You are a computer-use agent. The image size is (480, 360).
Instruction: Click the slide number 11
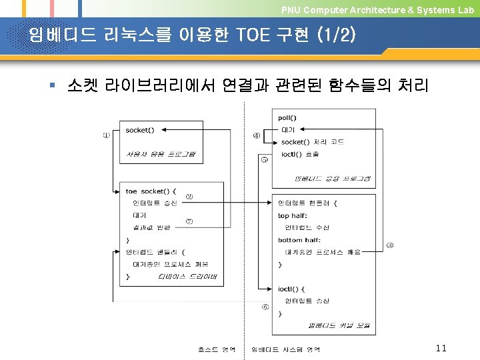440,348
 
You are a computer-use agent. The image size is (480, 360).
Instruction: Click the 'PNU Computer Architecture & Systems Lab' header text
377,10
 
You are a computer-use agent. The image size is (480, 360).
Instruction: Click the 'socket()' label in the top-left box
139,130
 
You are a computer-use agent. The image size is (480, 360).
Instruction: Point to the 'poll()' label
287,118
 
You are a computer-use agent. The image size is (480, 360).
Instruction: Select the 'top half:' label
293,215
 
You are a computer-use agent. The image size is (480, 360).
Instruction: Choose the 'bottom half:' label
299,240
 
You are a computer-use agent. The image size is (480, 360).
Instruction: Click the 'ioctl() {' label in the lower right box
291,289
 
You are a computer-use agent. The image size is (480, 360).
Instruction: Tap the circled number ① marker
106,135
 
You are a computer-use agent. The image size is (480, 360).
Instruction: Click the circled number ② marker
189,196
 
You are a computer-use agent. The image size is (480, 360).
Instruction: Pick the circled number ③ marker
390,245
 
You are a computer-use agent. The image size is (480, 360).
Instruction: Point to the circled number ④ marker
257,137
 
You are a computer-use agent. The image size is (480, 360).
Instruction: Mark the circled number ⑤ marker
265,159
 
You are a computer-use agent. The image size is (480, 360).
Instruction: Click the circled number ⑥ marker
265,307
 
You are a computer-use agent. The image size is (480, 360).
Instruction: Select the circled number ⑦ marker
189,221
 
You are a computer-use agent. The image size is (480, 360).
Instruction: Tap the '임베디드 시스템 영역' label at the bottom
286,349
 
